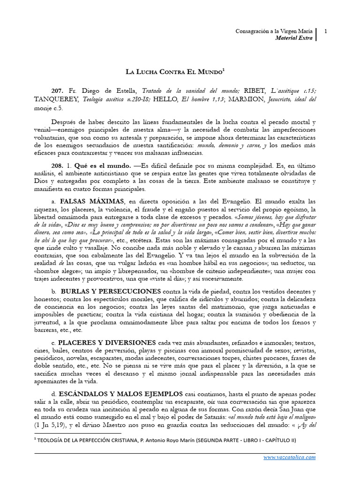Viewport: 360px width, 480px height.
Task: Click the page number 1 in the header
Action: tap(325, 31)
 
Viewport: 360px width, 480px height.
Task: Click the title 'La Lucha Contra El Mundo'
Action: tap(176, 72)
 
